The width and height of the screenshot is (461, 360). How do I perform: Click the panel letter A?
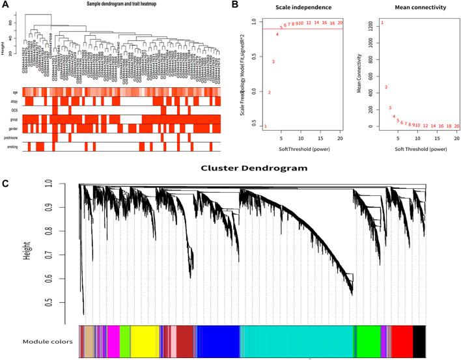tap(5, 5)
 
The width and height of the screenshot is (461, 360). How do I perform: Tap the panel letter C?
tap(5, 183)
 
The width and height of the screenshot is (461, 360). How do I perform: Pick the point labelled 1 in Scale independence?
tap(265, 126)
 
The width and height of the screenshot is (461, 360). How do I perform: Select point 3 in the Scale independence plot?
tap(273, 62)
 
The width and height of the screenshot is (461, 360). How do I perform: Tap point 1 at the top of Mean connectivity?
tap(382, 23)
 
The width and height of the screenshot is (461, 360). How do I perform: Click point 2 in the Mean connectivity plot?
tap(386, 87)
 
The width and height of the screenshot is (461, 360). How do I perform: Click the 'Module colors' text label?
tap(46, 341)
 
